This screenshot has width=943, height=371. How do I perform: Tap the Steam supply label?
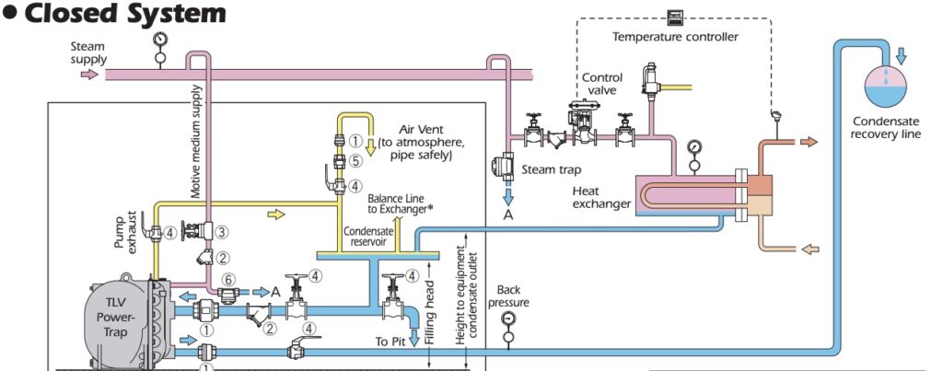pos(88,52)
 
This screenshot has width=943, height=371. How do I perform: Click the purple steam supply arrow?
pos(88,75)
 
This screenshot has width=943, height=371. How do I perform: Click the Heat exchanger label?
pos(600,196)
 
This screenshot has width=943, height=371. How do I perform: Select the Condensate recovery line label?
pos(886,127)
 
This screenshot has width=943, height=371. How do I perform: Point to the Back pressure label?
pos(508,296)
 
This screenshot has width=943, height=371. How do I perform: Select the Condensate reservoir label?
pos(368,237)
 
